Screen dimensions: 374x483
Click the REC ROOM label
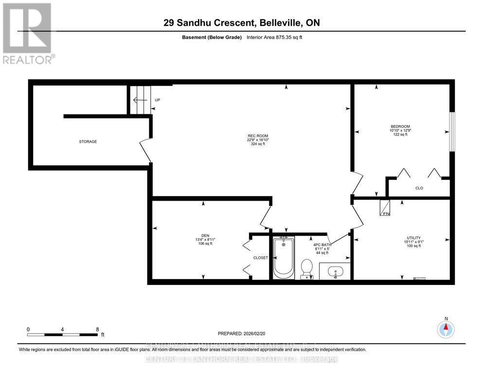click(257, 136)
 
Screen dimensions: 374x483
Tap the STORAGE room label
click(88, 142)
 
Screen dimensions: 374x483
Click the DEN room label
click(205, 235)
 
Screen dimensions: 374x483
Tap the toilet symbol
click(306, 268)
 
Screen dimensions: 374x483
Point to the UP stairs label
click(157, 100)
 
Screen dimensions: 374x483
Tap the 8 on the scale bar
click(97, 329)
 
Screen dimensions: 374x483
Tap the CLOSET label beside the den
click(260, 258)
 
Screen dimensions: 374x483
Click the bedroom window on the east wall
click(452, 132)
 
